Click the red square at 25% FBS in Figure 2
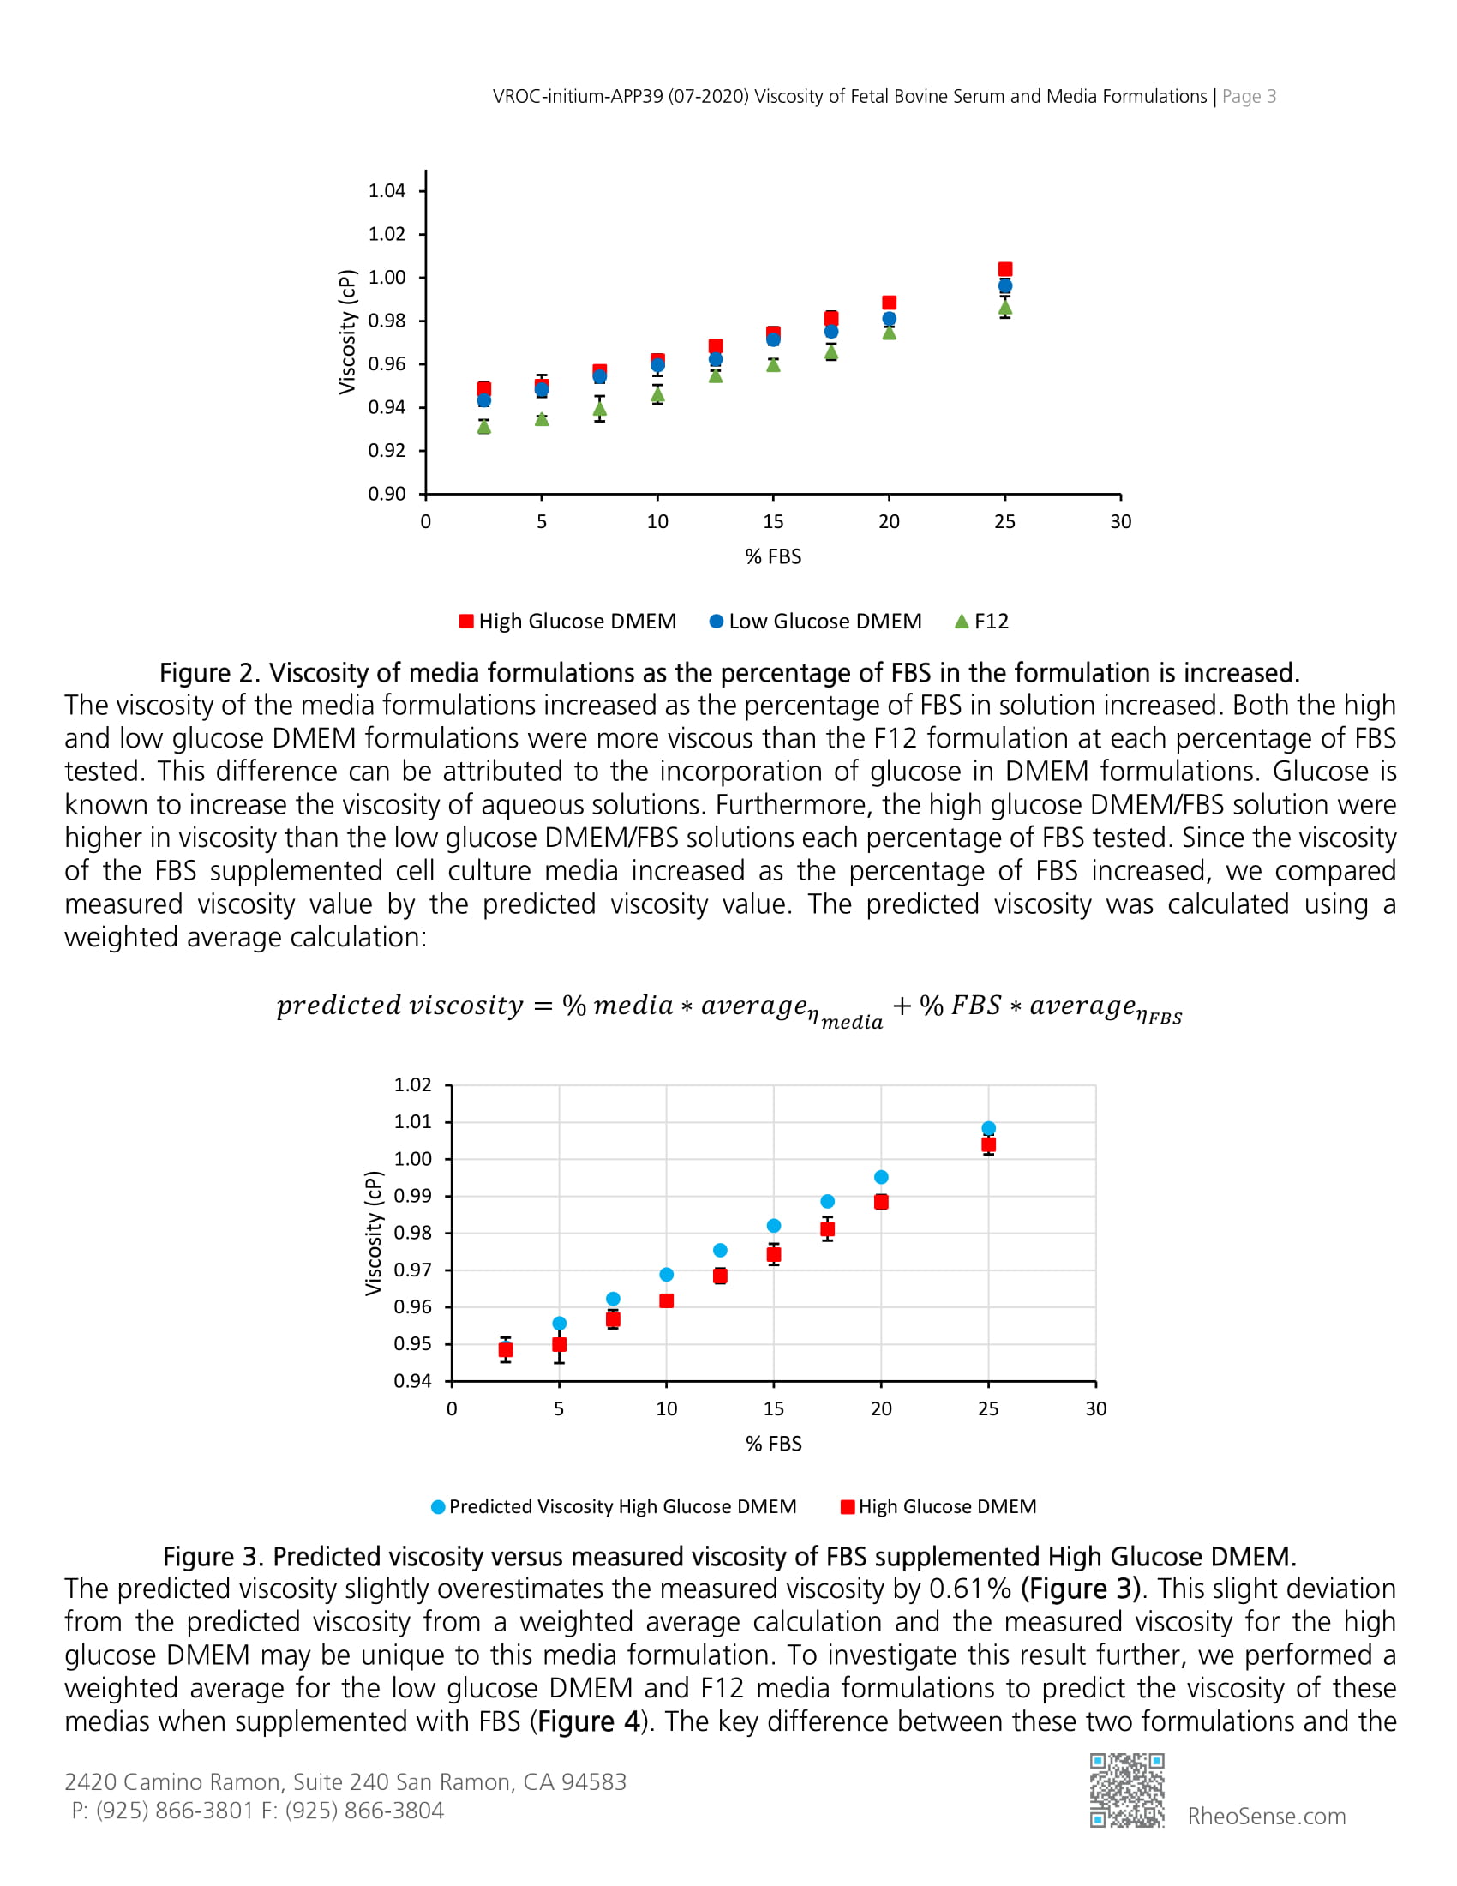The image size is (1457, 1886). [x=1004, y=269]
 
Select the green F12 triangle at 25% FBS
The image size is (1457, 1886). [x=1004, y=308]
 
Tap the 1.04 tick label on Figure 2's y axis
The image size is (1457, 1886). [x=386, y=191]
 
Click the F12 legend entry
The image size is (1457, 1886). [x=981, y=621]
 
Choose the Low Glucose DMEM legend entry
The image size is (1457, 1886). [x=815, y=621]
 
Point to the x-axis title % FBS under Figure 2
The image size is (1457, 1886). [x=773, y=556]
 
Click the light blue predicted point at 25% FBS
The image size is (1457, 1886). [x=988, y=1129]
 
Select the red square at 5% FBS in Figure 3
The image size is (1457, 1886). [x=560, y=1344]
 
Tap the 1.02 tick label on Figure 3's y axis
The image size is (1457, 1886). [x=411, y=1084]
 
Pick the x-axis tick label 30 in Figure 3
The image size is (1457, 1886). [x=1095, y=1408]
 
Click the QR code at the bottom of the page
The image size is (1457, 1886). [x=1126, y=1790]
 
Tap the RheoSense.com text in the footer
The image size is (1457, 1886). [x=1266, y=1816]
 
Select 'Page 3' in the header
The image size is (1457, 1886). [x=1248, y=97]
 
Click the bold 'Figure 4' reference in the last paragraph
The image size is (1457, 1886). [x=588, y=1721]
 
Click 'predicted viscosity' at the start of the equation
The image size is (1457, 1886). [x=399, y=1006]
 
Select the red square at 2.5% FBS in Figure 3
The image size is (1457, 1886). [x=506, y=1349]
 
